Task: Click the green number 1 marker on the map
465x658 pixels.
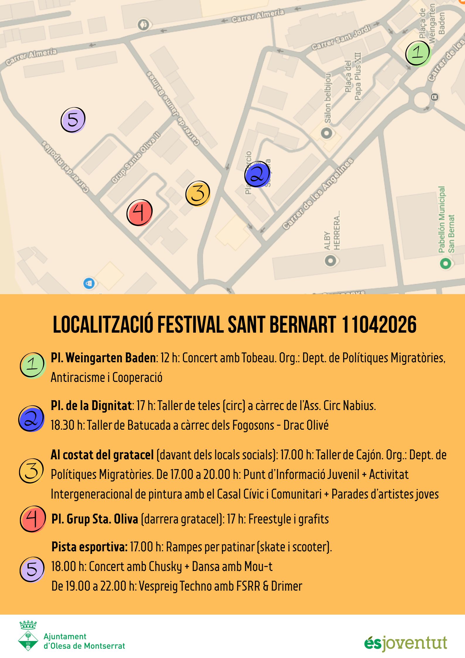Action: [418, 53]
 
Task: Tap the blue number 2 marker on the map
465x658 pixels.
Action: [257, 174]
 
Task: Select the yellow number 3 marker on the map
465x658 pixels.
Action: [198, 193]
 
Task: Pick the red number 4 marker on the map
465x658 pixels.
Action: [139, 213]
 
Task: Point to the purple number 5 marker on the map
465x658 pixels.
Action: [73, 120]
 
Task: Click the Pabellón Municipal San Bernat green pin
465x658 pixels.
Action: [445, 263]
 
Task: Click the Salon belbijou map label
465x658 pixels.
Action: [328, 98]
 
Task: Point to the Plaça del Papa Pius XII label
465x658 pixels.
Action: [353, 77]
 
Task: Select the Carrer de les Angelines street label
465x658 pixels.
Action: [318, 194]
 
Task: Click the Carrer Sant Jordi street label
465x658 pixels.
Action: [341, 38]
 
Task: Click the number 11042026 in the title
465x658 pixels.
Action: [379, 325]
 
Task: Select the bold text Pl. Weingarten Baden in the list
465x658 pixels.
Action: [103, 358]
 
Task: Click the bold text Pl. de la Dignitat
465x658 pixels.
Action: [91, 406]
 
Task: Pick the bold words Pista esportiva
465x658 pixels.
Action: [89, 547]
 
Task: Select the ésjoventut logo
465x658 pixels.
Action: [406, 643]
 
